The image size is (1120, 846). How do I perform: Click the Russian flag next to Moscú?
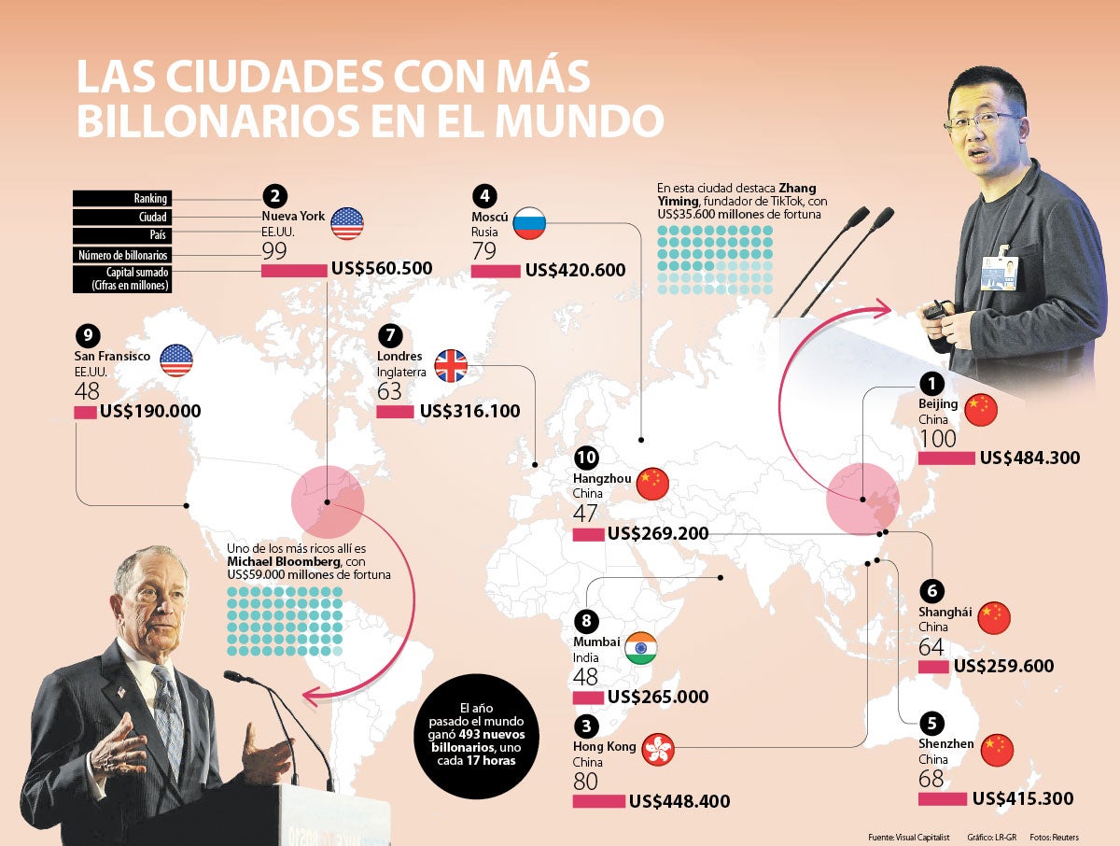[530, 223]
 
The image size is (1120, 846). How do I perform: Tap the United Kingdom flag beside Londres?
[451, 366]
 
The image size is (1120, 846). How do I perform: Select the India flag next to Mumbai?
[641, 650]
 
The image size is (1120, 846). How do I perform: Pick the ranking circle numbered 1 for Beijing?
[931, 384]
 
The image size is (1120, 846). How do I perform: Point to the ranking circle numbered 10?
[585, 458]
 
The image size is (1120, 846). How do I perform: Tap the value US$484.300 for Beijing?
[1029, 458]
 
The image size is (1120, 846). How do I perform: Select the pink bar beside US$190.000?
[85, 412]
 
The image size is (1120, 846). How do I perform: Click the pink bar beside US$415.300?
[942, 799]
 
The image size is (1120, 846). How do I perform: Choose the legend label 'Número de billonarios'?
[121, 255]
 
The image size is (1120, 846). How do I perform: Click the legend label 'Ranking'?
[121, 198]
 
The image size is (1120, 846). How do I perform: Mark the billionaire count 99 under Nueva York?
[273, 250]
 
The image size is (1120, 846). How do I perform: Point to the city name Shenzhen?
[945, 744]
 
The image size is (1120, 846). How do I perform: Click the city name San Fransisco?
[112, 357]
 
